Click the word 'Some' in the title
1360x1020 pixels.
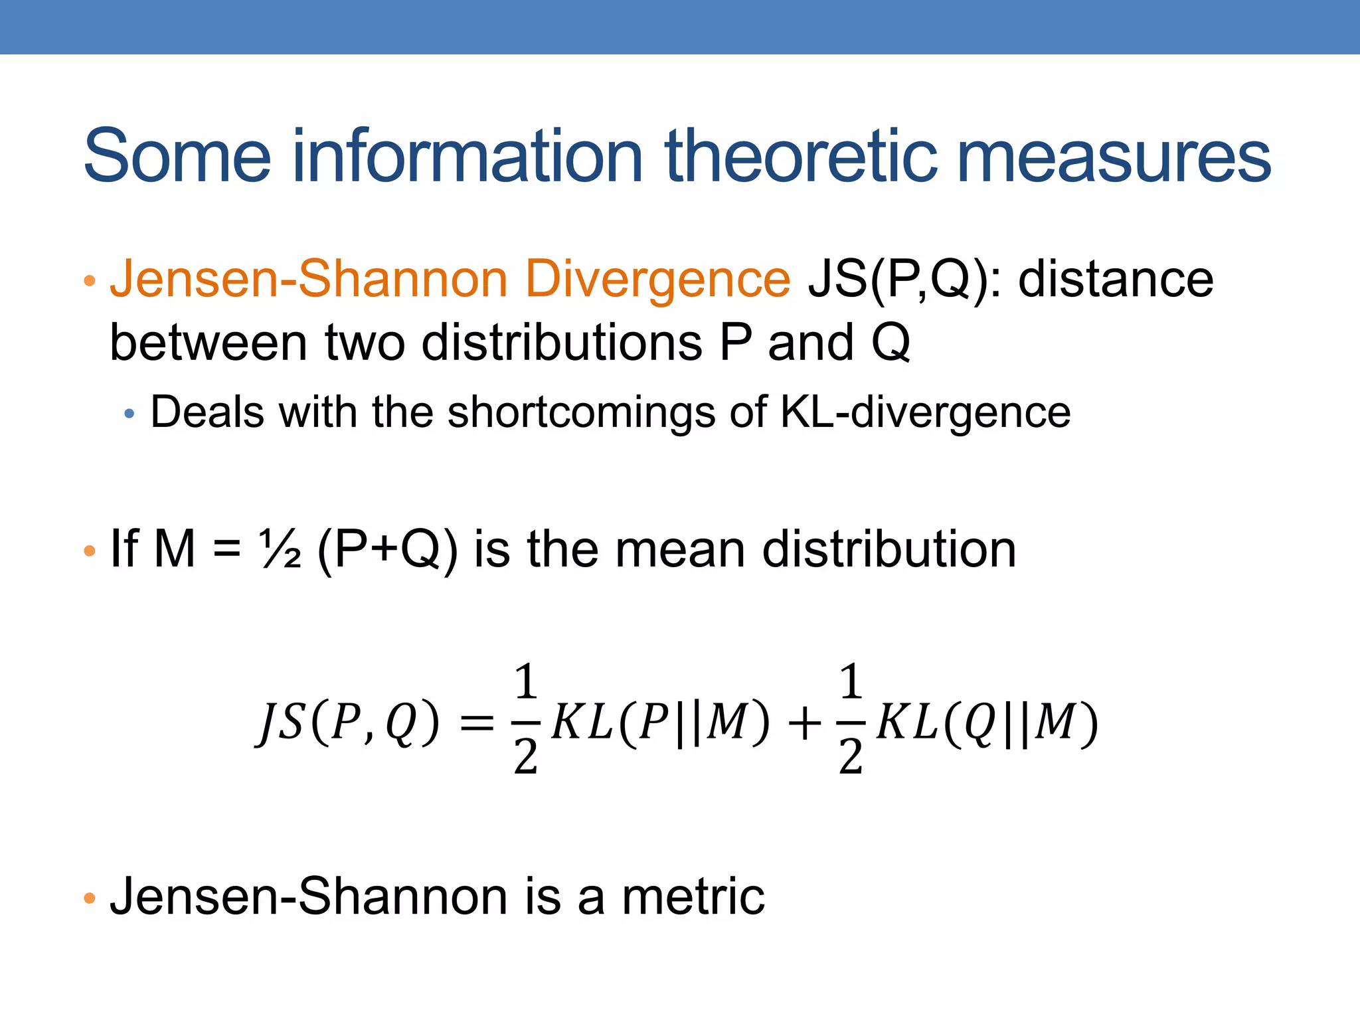(177, 157)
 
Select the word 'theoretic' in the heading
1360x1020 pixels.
(800, 157)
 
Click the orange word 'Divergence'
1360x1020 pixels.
(657, 280)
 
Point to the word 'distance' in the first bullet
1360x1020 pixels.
(1116, 280)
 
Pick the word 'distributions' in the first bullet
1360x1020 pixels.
(562, 343)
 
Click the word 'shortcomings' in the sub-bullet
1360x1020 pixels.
(581, 412)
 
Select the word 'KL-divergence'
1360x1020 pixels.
(925, 412)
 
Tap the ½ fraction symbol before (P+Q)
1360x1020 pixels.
(280, 550)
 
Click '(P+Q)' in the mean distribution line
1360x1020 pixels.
(388, 550)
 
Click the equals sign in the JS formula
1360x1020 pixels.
(477, 722)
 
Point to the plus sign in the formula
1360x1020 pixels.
(804, 722)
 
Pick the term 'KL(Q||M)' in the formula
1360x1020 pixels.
(987, 722)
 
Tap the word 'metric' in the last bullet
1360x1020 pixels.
(693, 896)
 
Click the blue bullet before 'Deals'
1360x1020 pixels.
(129, 414)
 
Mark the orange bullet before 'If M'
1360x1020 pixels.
(90, 551)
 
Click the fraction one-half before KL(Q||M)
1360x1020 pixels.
(851, 720)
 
